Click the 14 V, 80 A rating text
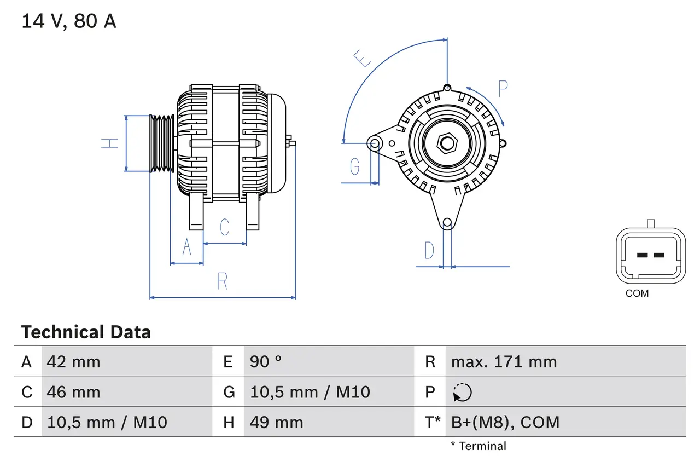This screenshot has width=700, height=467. point(69,21)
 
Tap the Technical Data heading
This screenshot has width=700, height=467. point(86,332)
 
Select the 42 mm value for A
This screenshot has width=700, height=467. point(74,361)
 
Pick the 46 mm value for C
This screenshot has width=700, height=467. point(74,392)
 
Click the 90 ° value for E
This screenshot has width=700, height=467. point(266,361)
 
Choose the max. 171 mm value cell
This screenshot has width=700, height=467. point(504,361)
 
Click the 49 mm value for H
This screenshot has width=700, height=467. point(276,422)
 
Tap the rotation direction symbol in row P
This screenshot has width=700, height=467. point(462,392)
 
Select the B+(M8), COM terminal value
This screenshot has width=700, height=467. point(505,422)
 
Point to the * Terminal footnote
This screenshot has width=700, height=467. point(479,446)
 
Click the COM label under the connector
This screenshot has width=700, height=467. point(637,293)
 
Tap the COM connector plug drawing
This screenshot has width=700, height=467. point(651,255)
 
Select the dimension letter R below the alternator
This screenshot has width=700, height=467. point(222,281)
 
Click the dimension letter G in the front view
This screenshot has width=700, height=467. point(355,165)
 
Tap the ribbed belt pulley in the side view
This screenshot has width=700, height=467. point(162,143)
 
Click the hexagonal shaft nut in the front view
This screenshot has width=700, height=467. point(447,143)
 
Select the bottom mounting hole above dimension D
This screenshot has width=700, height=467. point(447,222)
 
